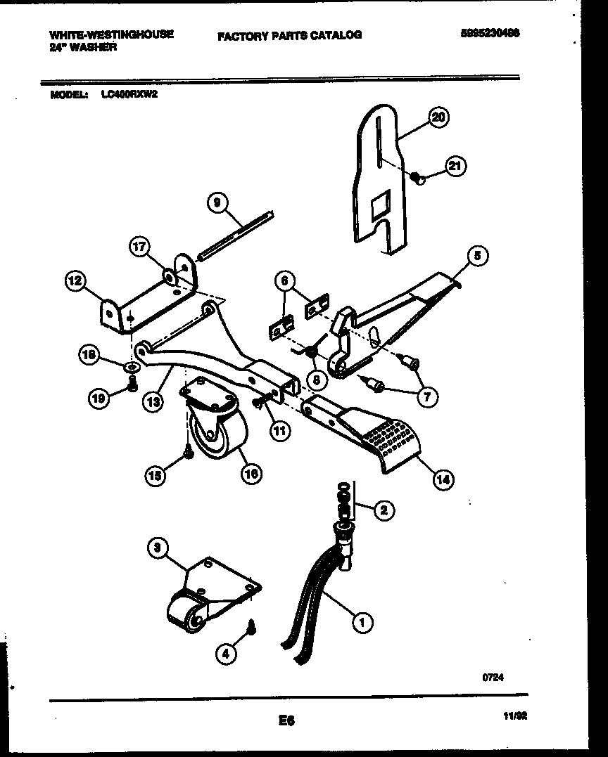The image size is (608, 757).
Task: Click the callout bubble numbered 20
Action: coord(438,118)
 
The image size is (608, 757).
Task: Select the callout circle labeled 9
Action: coord(217,203)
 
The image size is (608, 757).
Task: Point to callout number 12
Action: coord(75,282)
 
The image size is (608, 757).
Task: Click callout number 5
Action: coord(476,256)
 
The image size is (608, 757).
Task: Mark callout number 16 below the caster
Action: coord(251,474)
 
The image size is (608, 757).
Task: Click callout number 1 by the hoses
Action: coord(362,621)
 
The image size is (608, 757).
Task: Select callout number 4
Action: coord(227,654)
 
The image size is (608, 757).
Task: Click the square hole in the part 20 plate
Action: coord(378,206)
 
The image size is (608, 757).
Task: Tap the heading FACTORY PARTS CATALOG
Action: coord(289,34)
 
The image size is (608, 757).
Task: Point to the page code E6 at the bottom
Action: coord(285,720)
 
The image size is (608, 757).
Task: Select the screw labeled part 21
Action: coord(419,179)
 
